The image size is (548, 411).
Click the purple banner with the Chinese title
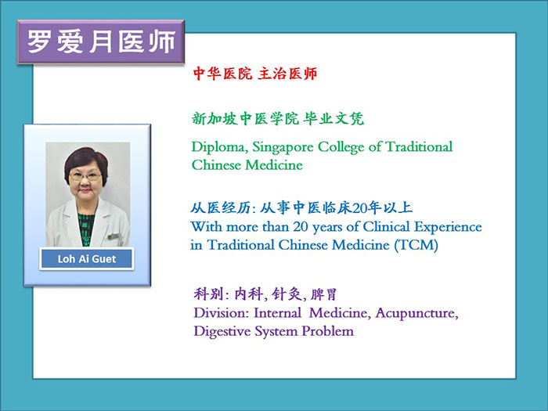tap(101, 42)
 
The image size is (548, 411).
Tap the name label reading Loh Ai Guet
tap(87, 258)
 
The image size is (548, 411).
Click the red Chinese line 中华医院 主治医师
tap(255, 74)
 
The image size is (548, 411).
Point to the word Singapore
tap(283, 147)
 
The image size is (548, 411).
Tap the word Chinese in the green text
tap(216, 165)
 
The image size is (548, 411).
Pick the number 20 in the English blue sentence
tap(300, 227)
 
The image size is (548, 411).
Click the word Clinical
tap(386, 227)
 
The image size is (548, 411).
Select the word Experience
tap(448, 228)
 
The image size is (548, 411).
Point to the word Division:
tap(222, 313)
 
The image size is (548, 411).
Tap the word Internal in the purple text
tap(277, 313)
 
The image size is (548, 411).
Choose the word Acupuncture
tap(417, 313)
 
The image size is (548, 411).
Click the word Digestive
tap(222, 331)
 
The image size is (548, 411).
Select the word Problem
tap(327, 331)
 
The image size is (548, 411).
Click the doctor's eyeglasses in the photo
tap(85, 176)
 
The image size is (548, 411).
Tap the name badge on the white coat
tap(114, 236)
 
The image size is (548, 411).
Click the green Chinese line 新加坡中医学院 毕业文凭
tap(278, 119)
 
